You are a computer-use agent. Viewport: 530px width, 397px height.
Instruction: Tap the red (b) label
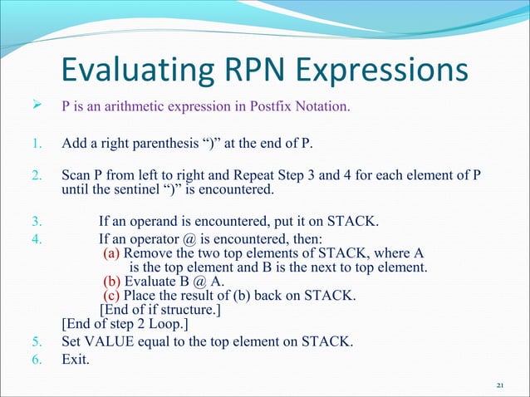[111, 282]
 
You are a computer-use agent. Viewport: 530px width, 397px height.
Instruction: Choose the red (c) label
[111, 297]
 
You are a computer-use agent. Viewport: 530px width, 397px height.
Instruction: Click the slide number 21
[498, 385]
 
